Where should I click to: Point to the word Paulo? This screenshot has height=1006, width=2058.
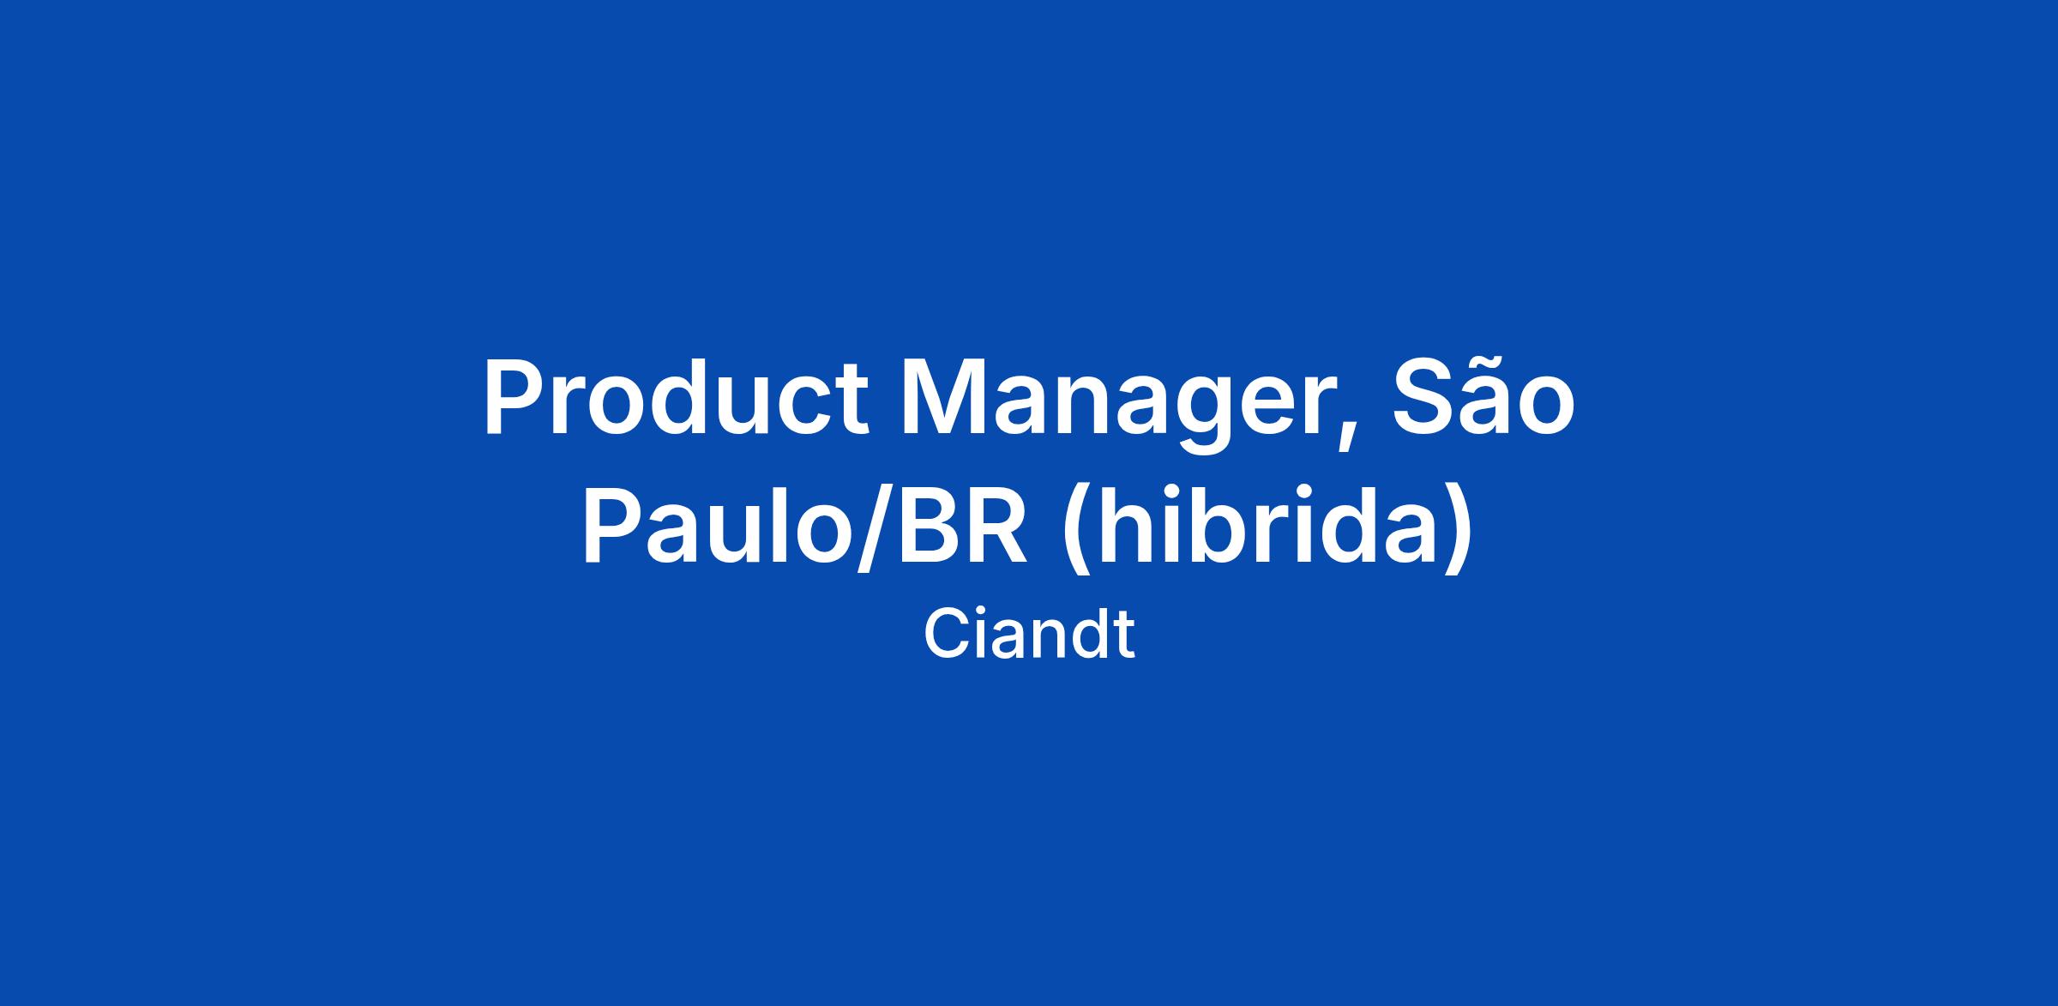[719, 524]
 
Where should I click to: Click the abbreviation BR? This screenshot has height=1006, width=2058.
[962, 524]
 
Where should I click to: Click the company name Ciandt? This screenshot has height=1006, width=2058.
[1029, 635]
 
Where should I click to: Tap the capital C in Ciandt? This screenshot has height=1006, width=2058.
[947, 635]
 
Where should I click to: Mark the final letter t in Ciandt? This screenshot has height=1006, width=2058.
[1125, 638]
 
